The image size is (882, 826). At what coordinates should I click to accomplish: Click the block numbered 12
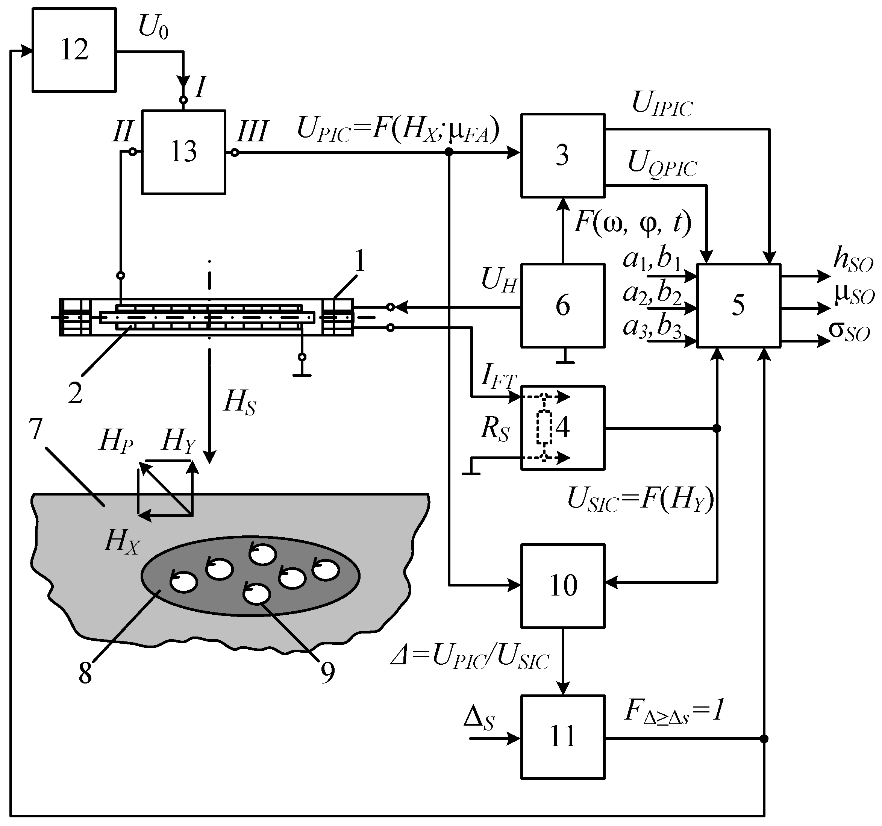[74, 50]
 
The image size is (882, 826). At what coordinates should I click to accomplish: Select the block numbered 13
[183, 152]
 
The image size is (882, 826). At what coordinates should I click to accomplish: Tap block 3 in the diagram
[562, 155]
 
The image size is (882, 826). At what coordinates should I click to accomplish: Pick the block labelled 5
[738, 305]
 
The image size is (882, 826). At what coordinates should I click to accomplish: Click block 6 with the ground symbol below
[562, 305]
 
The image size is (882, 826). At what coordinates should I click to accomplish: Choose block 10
[562, 585]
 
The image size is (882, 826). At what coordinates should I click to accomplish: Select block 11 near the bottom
[562, 737]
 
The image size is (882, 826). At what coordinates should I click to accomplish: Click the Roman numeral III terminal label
[252, 132]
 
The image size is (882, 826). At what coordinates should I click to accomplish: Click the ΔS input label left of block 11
[478, 718]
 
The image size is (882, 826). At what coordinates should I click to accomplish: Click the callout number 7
[35, 429]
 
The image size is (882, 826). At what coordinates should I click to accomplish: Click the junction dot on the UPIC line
[449, 152]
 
